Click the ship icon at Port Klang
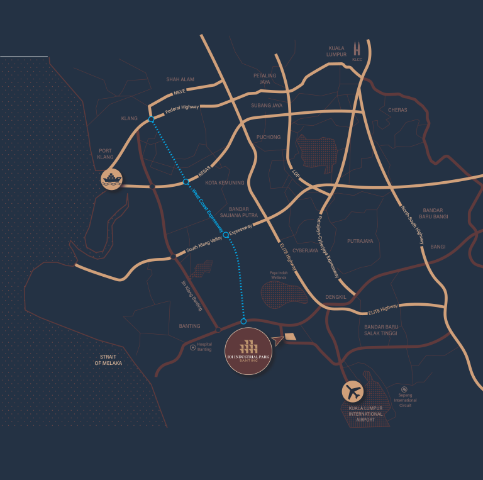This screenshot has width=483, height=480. tap(113, 179)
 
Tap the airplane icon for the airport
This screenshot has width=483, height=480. tap(353, 393)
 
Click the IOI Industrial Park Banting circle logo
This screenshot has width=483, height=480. tap(250, 350)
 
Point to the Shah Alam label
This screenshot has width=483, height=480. tap(180, 80)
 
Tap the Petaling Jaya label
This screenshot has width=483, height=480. tap(265, 79)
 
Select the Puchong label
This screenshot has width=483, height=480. tap(269, 137)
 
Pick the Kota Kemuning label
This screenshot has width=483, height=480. tap(225, 183)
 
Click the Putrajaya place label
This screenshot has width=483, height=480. tap(360, 241)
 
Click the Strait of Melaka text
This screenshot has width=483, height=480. tap(108, 360)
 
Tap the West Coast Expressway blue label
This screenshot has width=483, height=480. tap(208, 206)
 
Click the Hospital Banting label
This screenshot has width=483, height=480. tap(204, 347)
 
